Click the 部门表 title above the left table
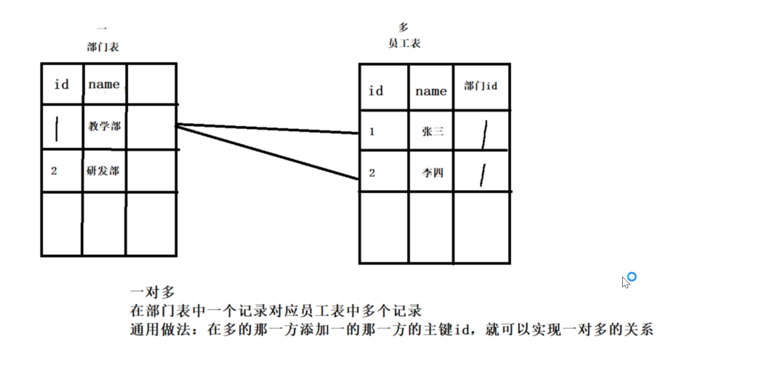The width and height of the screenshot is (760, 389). point(103,47)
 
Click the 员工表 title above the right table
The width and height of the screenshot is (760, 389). point(404,43)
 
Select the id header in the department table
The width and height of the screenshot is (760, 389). point(61,84)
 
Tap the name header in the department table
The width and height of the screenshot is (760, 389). point(104,84)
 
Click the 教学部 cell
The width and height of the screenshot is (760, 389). point(105,126)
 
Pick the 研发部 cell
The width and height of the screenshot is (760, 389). point(103,170)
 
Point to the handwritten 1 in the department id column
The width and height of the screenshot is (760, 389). point(57,129)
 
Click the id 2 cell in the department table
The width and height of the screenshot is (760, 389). point(54,171)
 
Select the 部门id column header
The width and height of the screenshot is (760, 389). point(481,86)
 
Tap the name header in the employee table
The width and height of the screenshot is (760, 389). point(431,91)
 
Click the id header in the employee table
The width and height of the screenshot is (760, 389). point(376,91)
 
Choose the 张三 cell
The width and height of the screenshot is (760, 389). point(432,131)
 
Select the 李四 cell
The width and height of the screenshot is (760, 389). point(432,173)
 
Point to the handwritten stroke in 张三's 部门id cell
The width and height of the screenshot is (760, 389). point(485,135)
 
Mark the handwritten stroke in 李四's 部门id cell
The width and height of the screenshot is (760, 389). point(482,175)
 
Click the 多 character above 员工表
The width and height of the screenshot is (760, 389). point(403,28)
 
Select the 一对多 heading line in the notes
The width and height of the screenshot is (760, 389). point(153,292)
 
